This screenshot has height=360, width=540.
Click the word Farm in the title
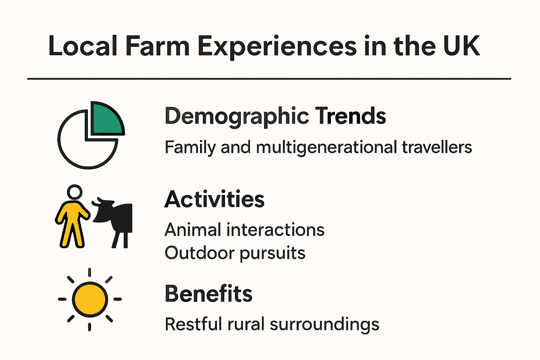point(157,46)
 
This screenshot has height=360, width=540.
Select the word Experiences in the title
point(277,47)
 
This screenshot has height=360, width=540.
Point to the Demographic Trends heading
point(275,116)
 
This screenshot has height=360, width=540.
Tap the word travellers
point(437,147)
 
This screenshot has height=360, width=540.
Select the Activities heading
point(214,199)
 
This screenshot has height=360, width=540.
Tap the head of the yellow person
point(75,192)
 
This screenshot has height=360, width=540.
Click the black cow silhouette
point(116,218)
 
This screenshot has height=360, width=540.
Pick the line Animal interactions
point(244,230)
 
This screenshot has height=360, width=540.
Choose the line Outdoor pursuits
point(235,253)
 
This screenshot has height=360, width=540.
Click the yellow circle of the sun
point(90,299)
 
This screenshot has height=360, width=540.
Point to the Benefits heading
point(208,294)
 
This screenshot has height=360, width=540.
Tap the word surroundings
point(324,324)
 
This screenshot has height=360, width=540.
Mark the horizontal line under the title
point(269,79)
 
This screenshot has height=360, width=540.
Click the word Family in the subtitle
point(190,147)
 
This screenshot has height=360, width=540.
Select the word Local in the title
point(83,46)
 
